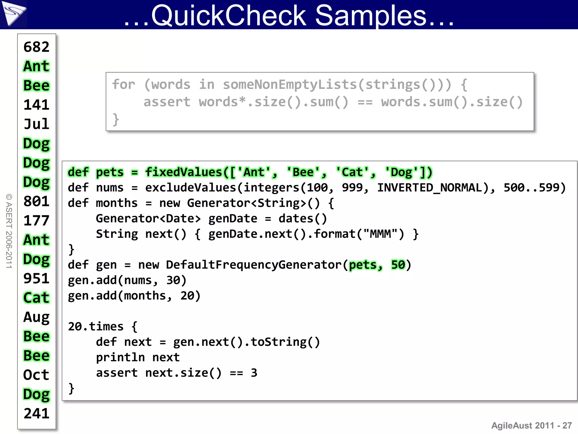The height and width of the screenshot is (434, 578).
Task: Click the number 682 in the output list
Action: point(36,47)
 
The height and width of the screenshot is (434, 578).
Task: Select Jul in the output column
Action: point(36,124)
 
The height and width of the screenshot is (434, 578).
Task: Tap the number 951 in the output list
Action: point(36,279)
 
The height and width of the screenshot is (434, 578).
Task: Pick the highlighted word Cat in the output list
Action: point(36,298)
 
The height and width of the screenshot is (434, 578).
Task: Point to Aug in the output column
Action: point(36,317)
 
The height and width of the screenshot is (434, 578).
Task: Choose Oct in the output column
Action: point(36,375)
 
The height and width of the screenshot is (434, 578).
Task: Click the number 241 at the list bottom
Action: point(36,414)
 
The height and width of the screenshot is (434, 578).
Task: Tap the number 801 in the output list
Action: point(36,201)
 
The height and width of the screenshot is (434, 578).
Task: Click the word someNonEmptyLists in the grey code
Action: point(290,84)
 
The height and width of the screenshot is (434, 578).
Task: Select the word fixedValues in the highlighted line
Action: point(183,172)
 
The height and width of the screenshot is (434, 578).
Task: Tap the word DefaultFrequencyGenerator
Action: point(254,265)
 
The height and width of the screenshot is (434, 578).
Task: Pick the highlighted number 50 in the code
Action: point(398,265)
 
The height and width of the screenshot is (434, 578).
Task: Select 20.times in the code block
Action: point(96,327)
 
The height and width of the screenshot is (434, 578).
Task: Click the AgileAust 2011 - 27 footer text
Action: point(531,426)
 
